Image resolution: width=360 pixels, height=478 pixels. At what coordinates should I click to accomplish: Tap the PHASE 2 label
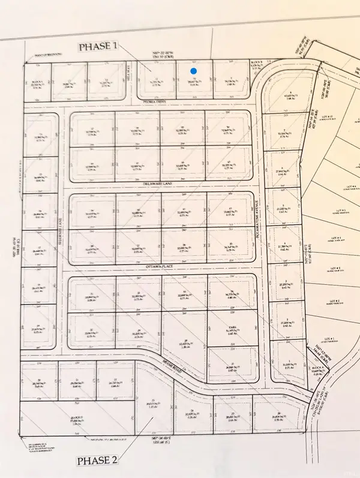(x=97, y=461)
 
